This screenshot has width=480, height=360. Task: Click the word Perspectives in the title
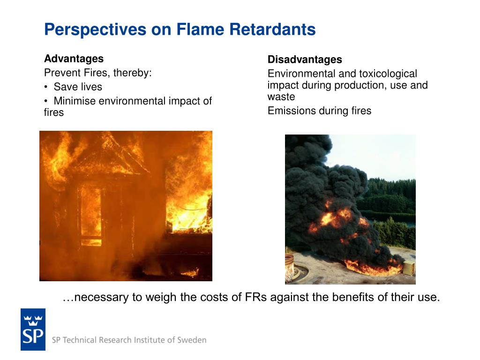(95, 30)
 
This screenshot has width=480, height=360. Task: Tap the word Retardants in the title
(272, 30)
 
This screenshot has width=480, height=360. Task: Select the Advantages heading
(74, 59)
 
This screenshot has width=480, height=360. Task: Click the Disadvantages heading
(305, 60)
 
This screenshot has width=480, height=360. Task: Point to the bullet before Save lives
(46, 87)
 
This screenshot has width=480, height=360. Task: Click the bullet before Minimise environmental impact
(46, 101)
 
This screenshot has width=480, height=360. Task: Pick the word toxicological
(388, 74)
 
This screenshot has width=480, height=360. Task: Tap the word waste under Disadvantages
(281, 97)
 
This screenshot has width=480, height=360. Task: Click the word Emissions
(291, 111)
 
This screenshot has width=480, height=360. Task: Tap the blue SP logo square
(33, 330)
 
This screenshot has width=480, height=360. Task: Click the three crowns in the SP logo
(33, 320)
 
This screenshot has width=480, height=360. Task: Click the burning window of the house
(91, 216)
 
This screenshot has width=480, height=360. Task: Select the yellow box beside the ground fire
(409, 268)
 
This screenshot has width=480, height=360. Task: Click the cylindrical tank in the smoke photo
(290, 268)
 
